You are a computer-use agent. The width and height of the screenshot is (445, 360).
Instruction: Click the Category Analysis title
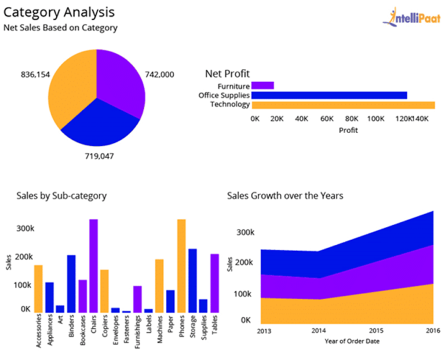[59, 12]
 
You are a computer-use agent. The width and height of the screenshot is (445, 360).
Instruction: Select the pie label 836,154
[35, 75]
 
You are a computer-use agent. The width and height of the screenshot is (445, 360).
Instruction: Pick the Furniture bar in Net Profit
[262, 86]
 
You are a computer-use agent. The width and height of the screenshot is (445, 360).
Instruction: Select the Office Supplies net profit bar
[329, 95]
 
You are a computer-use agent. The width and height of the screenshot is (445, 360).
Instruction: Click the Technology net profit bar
[343, 105]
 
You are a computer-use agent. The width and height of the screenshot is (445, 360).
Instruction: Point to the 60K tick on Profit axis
[327, 119]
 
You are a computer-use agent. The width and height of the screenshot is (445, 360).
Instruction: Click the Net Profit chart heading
[227, 74]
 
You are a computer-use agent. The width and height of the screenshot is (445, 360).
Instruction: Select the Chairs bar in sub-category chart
[93, 265]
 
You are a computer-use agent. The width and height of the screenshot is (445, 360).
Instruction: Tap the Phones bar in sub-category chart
[181, 265]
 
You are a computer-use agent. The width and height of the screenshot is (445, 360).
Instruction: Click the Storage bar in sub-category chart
[192, 280]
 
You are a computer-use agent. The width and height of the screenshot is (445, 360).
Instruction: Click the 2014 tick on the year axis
[318, 330]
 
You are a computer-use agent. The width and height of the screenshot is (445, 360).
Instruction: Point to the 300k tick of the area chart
[245, 233]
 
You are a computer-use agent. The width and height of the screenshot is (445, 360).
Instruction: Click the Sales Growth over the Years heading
[285, 196]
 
